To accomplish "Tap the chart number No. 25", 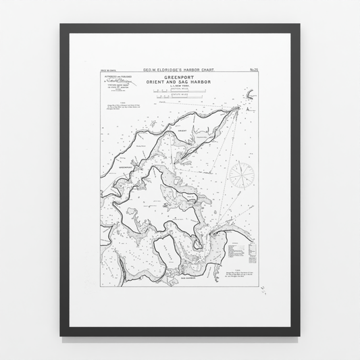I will (x=254, y=69).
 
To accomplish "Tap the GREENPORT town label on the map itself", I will (x=126, y=166).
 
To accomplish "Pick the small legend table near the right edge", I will (x=242, y=251).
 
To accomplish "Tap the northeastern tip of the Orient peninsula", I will (x=236, y=108).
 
